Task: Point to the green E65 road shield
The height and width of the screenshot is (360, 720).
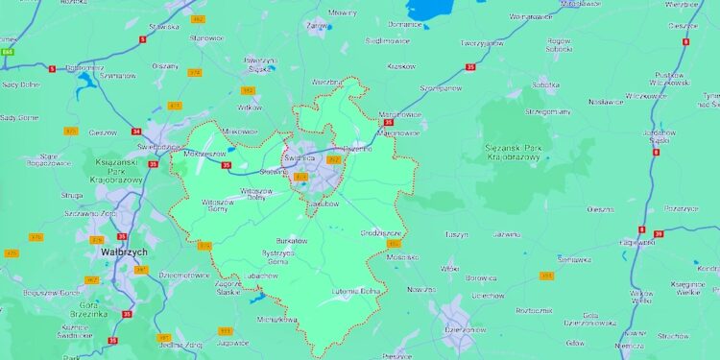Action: [8, 51]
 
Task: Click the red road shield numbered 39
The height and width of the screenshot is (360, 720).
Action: [659, 233]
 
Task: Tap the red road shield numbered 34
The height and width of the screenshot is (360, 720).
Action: [136, 132]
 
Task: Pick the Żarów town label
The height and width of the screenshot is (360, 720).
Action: [316, 27]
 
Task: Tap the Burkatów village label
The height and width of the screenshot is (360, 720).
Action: [293, 240]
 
